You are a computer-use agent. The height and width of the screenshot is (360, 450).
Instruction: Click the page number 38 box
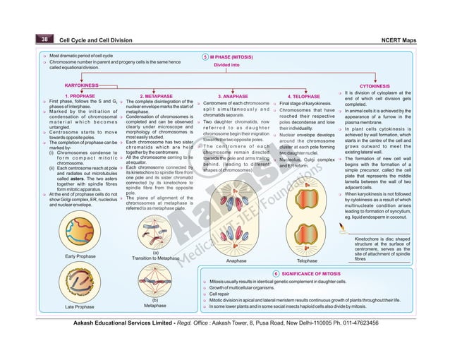click(44, 40)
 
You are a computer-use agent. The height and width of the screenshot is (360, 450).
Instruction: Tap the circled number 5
click(205, 55)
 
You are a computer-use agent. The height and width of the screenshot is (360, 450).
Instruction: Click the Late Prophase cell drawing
click(79, 284)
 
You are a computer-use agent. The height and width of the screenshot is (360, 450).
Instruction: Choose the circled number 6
click(275, 272)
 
